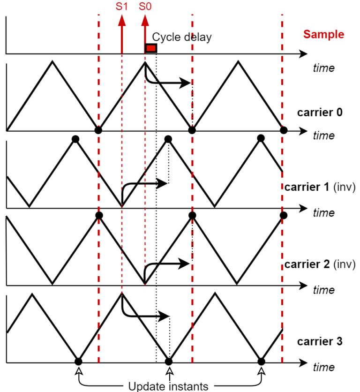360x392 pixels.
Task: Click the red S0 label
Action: [145, 7]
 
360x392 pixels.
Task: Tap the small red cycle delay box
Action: [150, 48]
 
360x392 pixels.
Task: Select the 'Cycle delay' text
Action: [182, 37]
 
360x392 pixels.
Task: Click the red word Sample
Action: [323, 34]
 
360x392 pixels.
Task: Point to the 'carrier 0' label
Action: [320, 113]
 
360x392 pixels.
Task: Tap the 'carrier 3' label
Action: [320, 341]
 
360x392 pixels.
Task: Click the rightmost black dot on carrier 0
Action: [283, 130]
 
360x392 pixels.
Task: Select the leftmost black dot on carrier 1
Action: [75, 138]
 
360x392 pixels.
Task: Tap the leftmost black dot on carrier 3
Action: [78, 362]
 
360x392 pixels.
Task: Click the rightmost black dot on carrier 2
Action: [283, 215]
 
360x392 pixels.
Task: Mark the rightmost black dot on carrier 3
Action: [262, 362]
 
